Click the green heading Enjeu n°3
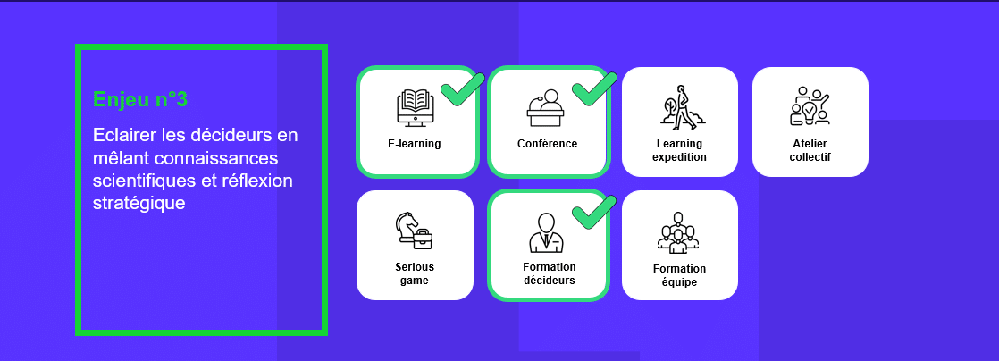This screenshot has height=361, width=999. coord(140,99)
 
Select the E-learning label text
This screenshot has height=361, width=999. coord(414,144)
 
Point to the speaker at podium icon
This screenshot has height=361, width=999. coord(545,107)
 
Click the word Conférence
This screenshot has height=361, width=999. coord(547,144)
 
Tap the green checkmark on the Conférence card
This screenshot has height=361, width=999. coord(594,88)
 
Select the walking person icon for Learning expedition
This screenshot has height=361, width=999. coord(681,107)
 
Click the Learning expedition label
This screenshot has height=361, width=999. coord(680,150)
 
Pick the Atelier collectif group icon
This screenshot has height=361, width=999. coord(810,105)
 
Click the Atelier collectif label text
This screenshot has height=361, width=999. coord(810,150)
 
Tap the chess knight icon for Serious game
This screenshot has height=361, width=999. coord(414,231)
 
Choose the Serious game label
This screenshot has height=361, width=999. coord(414,273)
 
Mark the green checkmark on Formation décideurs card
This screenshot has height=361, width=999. coord(594,212)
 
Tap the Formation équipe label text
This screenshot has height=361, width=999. coord(680,276)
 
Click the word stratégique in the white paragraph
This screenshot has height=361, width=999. coord(139,204)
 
